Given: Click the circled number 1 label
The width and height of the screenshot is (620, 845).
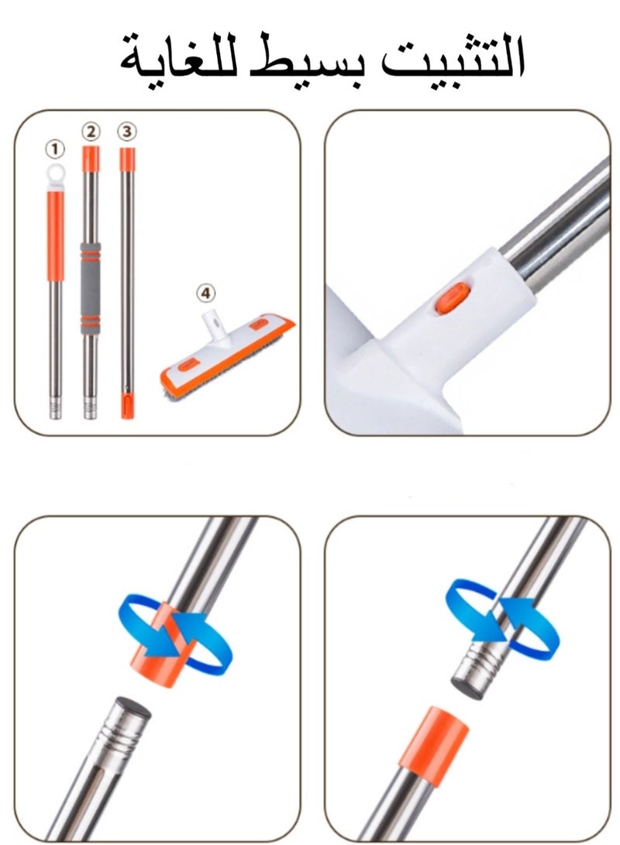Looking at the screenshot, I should click(x=55, y=147).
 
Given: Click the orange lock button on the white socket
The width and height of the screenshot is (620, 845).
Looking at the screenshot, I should click(x=449, y=300).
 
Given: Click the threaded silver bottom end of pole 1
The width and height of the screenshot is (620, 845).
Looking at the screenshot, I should click(x=56, y=403).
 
